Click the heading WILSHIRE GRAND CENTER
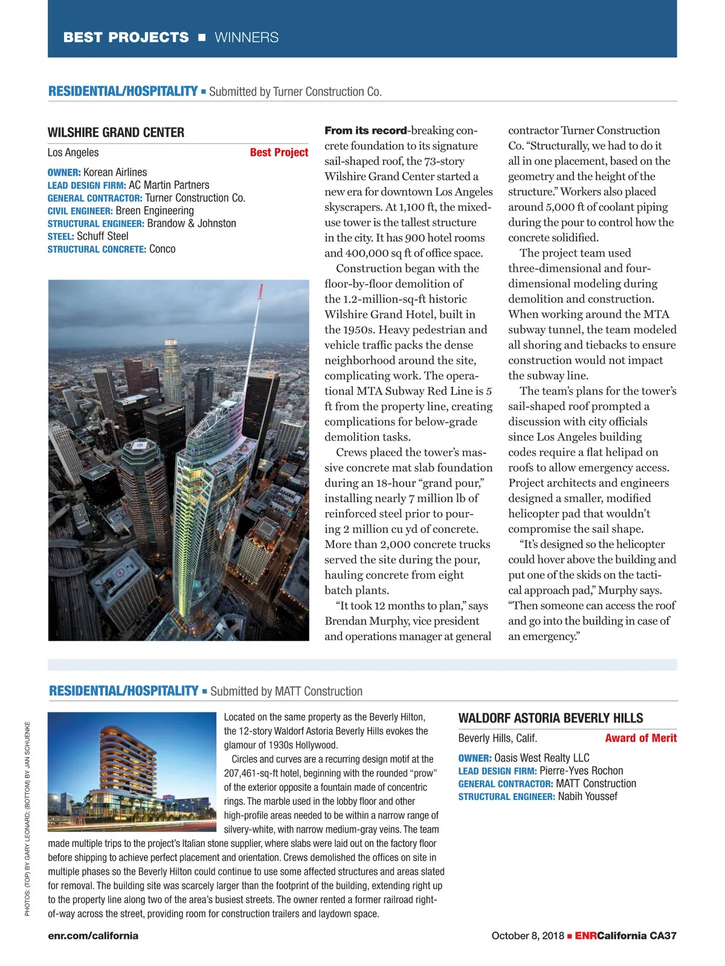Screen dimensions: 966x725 tap(116, 133)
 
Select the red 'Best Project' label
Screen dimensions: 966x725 tap(279, 153)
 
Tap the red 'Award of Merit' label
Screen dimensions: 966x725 tap(640, 738)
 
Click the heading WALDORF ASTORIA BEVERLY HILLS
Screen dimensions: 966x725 tap(550, 718)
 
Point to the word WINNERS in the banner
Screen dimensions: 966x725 tap(246, 37)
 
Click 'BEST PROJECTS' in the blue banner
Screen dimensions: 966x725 tap(126, 37)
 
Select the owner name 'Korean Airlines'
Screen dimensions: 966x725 tap(115, 173)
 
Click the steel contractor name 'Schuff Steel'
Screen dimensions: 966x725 tap(102, 237)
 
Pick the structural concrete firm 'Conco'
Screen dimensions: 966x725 tap(163, 249)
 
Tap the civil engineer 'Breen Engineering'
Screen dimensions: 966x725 tap(155, 211)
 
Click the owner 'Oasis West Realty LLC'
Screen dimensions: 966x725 tap(541, 758)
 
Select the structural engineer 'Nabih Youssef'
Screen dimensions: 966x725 tap(587, 797)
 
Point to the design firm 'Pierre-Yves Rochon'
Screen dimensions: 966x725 tap(581, 771)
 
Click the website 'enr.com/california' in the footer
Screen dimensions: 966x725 tap(93, 936)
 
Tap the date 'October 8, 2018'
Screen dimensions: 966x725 tap(527, 936)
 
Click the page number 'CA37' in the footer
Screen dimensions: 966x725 tap(663, 936)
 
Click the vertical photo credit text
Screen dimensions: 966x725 tap(27, 819)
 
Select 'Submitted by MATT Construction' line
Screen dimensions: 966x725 tap(286, 692)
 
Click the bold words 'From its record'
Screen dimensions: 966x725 tap(366, 130)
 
